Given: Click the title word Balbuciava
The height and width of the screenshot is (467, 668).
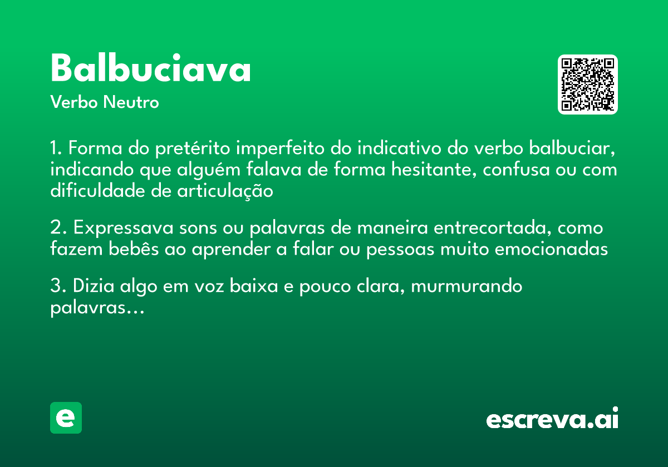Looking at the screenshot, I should [150, 69].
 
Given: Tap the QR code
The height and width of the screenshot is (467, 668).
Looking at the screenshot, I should [587, 85].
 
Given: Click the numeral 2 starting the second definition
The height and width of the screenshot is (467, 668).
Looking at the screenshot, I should [55, 228].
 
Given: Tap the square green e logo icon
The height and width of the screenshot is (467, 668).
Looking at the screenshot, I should [66, 418].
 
